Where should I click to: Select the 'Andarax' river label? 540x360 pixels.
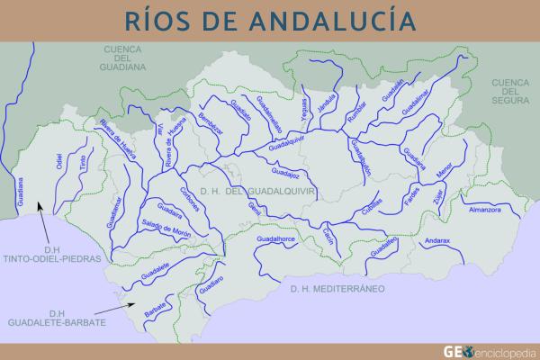437,241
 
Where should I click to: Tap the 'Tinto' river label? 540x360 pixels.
82,163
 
